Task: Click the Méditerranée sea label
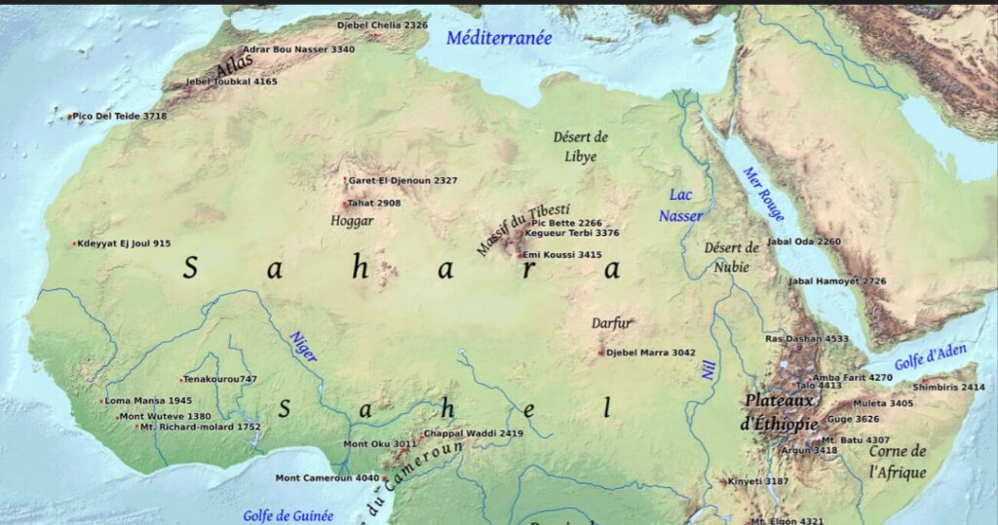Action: coord(499,38)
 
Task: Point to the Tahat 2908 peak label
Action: coord(374,204)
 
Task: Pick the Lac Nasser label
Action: coord(680,205)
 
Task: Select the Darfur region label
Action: coord(612,323)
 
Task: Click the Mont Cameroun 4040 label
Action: coord(326,478)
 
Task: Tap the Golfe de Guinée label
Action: coord(288,515)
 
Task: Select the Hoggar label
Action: coord(352,221)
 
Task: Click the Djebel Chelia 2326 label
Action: coord(382,24)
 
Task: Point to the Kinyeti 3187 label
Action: coord(759,481)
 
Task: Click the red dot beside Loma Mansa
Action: coord(101,401)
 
